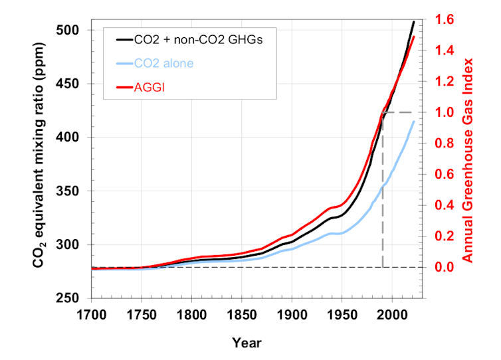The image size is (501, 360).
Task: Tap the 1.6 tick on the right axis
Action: [x=447, y=20]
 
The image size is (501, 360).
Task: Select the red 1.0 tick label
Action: [x=447, y=113]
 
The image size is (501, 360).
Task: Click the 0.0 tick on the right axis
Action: [x=447, y=267]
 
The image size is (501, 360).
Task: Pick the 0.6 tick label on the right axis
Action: [x=447, y=175]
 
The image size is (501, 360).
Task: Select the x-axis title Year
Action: [x=247, y=343]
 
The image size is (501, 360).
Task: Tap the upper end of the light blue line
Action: [x=413, y=121]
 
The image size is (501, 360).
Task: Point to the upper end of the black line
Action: [x=413, y=22]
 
